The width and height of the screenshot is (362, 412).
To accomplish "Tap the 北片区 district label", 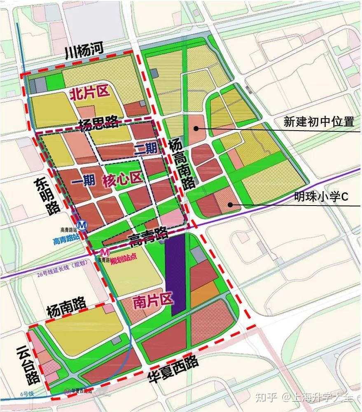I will pos(90,93).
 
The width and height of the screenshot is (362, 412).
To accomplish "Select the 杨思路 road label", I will pos(99,123).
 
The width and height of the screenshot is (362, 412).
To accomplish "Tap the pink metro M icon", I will pos(105,253).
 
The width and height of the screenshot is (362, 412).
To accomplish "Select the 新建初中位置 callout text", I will pos(319,122).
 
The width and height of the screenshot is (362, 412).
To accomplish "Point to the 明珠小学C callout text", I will pos(321,197).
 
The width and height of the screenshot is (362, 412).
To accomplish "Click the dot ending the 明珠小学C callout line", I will pos(231,204).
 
